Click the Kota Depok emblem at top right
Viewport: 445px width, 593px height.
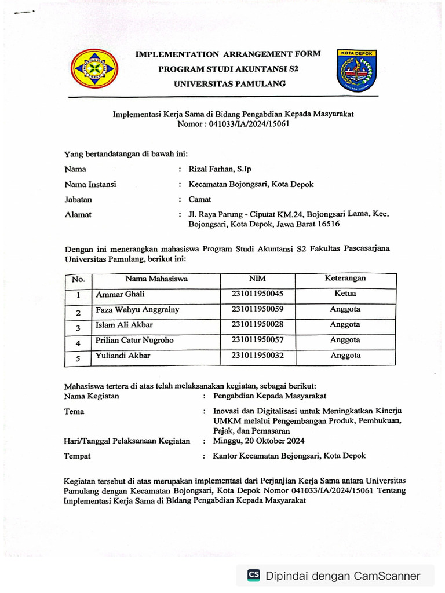[356, 70]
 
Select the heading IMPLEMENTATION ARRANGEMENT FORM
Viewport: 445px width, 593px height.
[228, 54]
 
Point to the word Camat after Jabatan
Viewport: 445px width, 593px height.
[200, 199]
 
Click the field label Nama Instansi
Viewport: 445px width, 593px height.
[90, 184]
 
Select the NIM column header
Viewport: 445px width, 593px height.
[257, 279]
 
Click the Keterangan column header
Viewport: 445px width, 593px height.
[345, 278]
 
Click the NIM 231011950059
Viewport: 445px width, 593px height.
[257, 309]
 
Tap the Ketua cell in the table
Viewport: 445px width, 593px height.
[345, 294]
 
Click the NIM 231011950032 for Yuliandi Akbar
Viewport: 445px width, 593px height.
[257, 355]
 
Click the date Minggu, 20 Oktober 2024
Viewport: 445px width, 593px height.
[258, 441]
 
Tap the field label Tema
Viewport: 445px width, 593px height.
[74, 412]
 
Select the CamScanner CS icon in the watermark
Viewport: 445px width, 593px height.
[253, 575]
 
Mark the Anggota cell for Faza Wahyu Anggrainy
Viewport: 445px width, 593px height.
[345, 309]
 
